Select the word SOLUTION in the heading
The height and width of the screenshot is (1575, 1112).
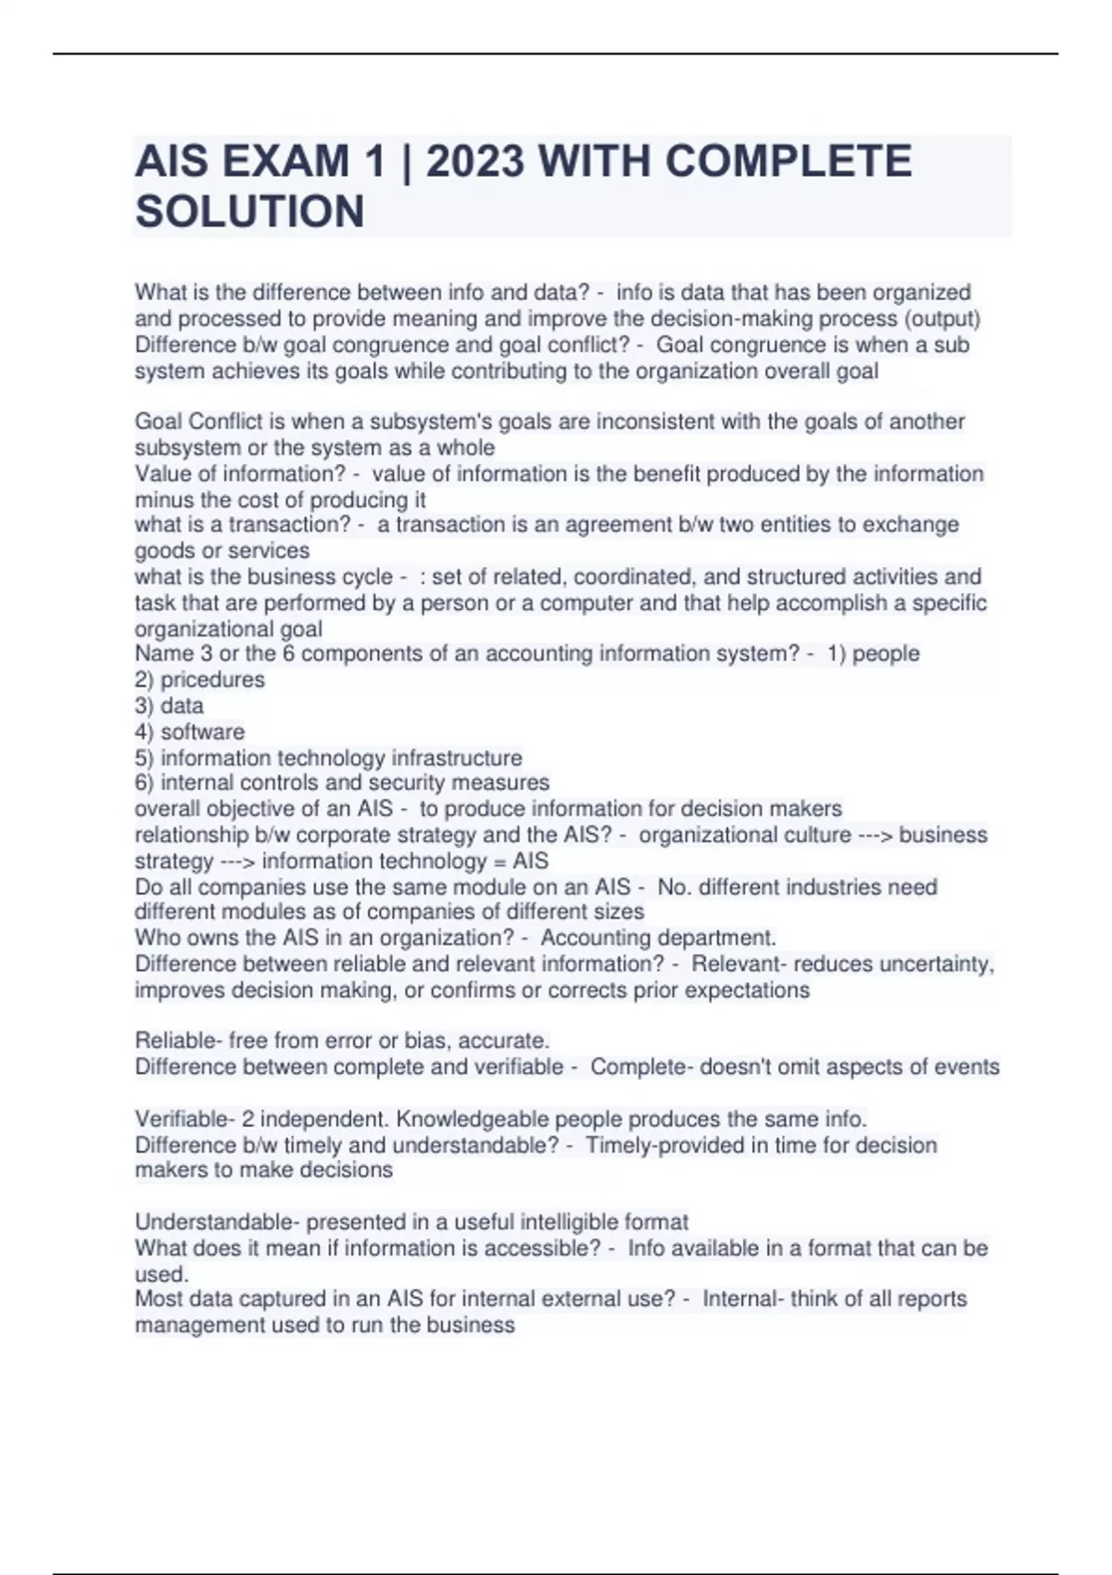249,212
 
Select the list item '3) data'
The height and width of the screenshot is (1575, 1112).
169,705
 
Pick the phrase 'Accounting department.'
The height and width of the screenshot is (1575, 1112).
658,938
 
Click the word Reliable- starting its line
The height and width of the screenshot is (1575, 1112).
178,1040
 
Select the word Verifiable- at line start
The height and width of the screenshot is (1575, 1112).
184,1118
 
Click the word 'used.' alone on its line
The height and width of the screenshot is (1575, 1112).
161,1273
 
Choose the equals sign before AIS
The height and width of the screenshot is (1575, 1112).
500,861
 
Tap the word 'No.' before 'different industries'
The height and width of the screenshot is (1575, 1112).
673,887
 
